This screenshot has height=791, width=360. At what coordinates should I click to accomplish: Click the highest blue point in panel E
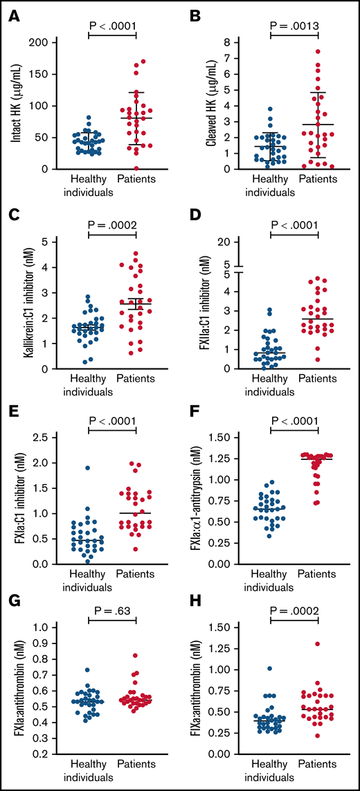88,468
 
